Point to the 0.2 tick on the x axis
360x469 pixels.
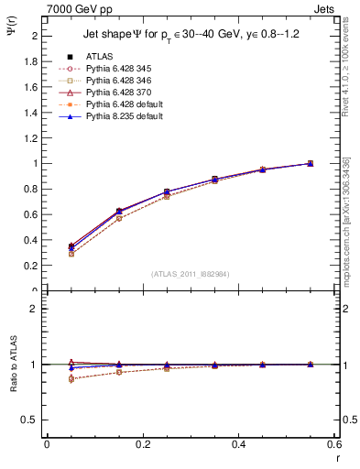tap(142, 444)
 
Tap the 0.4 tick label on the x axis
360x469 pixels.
tap(238, 444)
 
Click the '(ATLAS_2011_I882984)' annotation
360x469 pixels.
tap(191, 273)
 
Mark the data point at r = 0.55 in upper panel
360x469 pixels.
tap(310, 163)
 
